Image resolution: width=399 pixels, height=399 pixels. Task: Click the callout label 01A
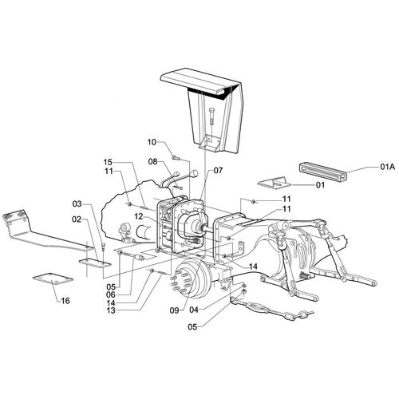click(388, 167)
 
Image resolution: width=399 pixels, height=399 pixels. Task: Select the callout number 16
click(65, 301)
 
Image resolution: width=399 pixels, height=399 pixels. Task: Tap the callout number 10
click(152, 142)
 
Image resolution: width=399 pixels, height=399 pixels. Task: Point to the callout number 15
click(108, 162)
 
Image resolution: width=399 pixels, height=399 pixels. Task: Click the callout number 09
click(175, 310)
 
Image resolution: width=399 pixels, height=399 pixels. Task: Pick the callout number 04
click(194, 310)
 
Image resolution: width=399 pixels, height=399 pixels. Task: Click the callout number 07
click(218, 170)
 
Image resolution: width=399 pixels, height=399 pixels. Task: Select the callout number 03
click(77, 204)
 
